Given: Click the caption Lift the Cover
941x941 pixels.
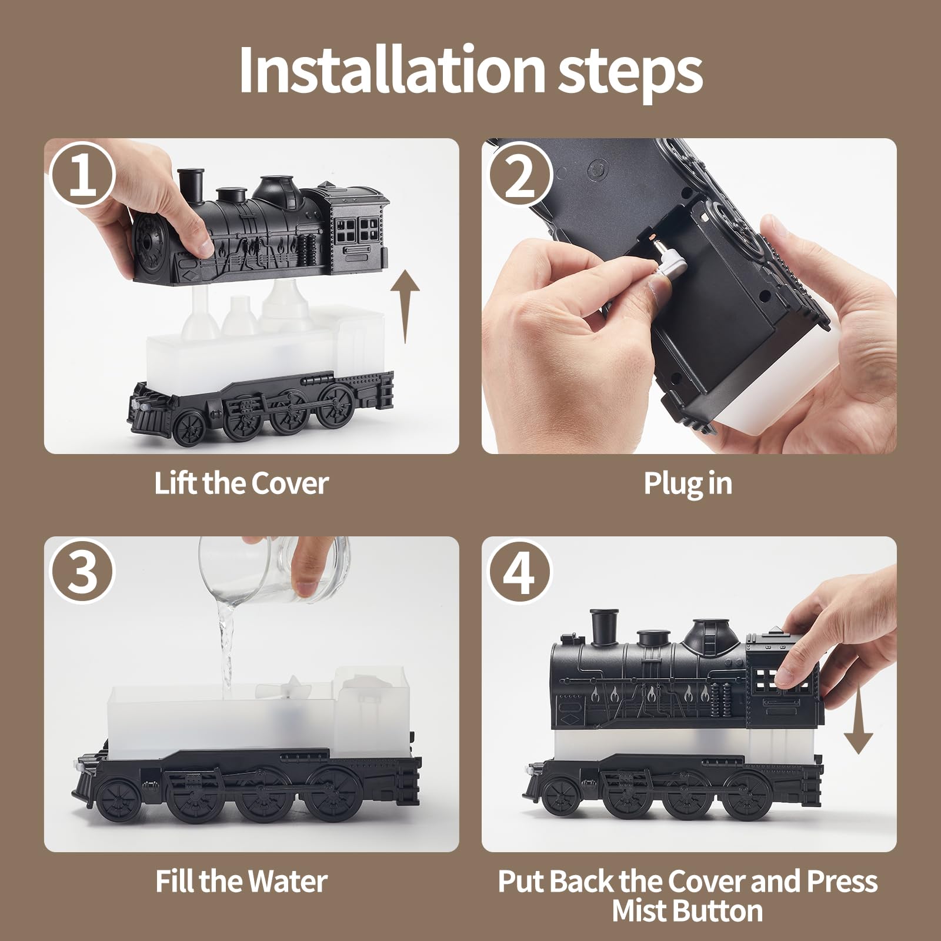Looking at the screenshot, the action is (241, 483).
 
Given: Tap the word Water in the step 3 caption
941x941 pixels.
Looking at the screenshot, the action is (287, 881).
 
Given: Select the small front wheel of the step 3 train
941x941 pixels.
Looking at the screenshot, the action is (119, 800).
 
